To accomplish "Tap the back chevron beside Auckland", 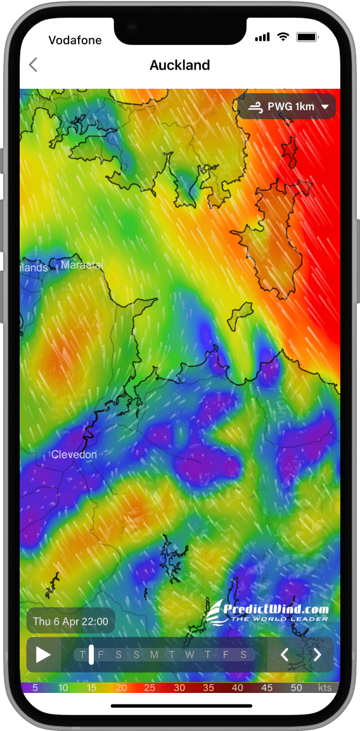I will (x=33, y=65).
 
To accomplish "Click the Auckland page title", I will (x=179, y=65).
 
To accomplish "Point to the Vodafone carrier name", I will (x=75, y=40).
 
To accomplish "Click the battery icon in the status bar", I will (x=307, y=37).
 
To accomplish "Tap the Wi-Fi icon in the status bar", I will (x=282, y=37).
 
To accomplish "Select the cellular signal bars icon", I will (x=262, y=37).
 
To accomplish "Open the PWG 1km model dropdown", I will (x=287, y=107).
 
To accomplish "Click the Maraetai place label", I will (x=82, y=264).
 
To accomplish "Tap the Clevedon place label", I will (x=74, y=455).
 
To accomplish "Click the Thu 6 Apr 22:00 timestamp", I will (x=70, y=621).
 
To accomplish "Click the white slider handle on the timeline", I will (x=91, y=654).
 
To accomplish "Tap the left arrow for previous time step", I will (x=285, y=655).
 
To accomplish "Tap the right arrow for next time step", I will (x=318, y=655).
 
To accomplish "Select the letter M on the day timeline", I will (x=154, y=655).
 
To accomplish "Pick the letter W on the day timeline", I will (x=190, y=655).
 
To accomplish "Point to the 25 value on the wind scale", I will (x=150, y=688).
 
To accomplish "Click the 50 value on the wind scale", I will (x=296, y=688).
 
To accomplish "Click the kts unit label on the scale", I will (x=324, y=688).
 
